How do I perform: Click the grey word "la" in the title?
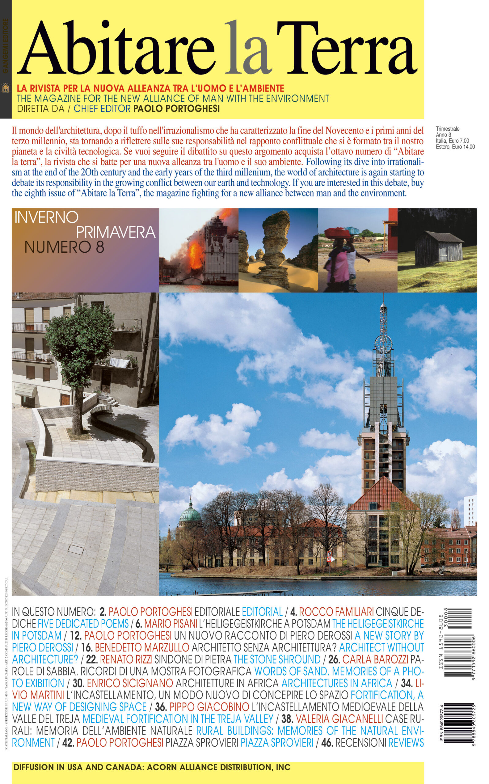click(247, 48)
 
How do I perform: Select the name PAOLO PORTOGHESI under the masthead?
click(177, 109)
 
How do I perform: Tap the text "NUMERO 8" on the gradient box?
click(64, 247)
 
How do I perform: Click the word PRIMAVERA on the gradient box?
click(115, 232)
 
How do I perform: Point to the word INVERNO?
click(47, 217)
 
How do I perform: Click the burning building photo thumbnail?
click(199, 250)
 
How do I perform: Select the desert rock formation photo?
click(278, 250)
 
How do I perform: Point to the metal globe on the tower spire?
click(384, 342)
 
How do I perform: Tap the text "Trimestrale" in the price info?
click(448, 129)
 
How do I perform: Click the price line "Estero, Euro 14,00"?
click(455, 146)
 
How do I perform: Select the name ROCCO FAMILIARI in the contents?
click(336, 612)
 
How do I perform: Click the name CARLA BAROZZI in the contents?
click(375, 659)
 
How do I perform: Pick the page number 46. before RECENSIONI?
click(327, 743)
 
